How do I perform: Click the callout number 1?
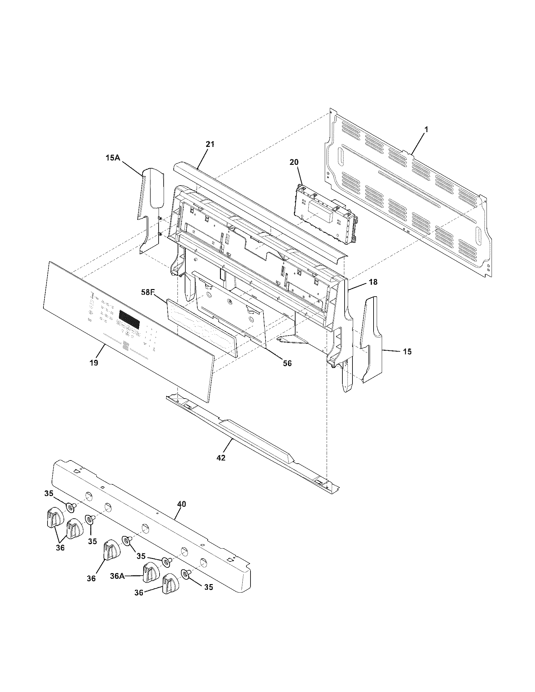click(426, 129)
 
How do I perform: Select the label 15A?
click(113, 158)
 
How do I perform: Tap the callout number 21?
click(210, 144)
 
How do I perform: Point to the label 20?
click(294, 162)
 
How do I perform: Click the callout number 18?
click(373, 282)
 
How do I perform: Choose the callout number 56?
click(287, 363)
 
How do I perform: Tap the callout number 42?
click(221, 458)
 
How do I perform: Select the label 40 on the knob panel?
click(182, 504)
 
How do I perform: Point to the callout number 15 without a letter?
click(407, 351)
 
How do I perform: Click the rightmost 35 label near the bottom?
click(208, 587)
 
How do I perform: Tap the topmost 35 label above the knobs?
click(48, 493)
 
